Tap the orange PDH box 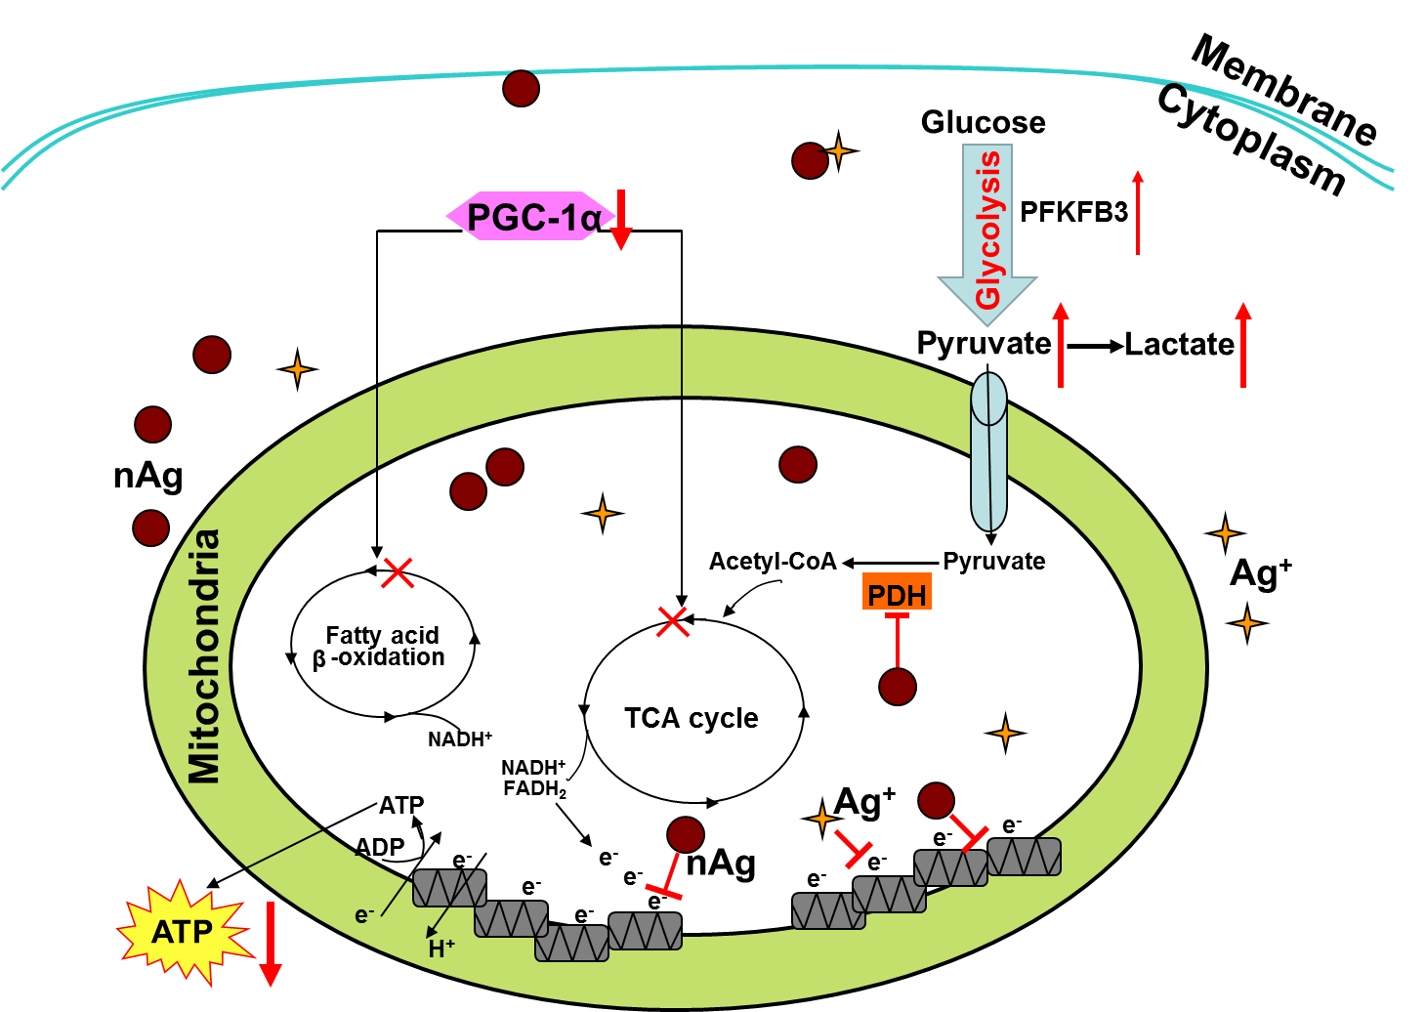[x=897, y=593]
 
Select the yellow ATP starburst [x=183, y=931]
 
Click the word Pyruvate [x=993, y=562]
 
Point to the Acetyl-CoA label [x=773, y=562]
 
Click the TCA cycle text [x=691, y=718]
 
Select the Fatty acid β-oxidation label [x=381, y=647]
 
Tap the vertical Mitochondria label [x=205, y=656]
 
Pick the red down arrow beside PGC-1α [x=621, y=222]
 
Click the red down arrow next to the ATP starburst [x=271, y=945]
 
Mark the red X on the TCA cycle [x=673, y=620]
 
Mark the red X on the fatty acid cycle [x=397, y=572]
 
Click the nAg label [x=721, y=863]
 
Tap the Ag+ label [x=864, y=801]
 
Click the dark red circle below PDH [x=898, y=687]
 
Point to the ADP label [x=380, y=847]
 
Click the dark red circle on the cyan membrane [x=521, y=88]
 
